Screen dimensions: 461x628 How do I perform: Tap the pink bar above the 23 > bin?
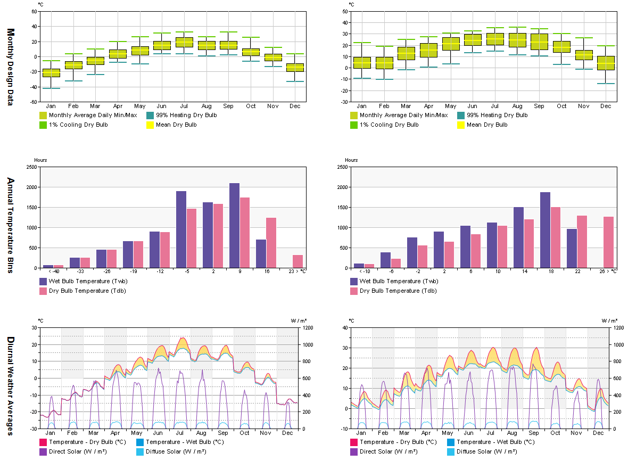(x=298, y=261)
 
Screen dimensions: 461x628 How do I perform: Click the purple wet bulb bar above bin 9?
(x=234, y=225)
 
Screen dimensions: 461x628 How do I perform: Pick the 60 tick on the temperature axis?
(x=34, y=11)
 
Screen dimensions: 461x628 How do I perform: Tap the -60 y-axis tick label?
(x=33, y=102)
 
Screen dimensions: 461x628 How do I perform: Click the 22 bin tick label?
(x=577, y=271)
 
